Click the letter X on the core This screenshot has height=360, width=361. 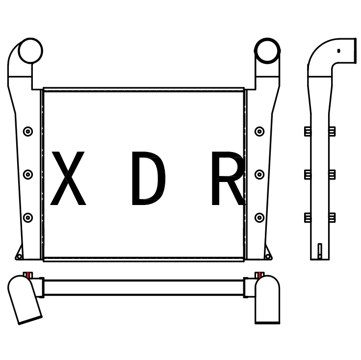pos(68,178)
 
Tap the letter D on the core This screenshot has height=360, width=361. pos(149,178)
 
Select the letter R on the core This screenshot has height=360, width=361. pos(228,178)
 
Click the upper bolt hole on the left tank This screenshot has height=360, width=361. pos(28,131)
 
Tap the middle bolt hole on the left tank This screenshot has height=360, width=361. pos(28,175)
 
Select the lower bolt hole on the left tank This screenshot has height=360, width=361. pos(28,217)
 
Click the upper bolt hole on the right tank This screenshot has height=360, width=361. pos(259,131)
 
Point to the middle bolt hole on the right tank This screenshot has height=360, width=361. pos(259,175)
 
